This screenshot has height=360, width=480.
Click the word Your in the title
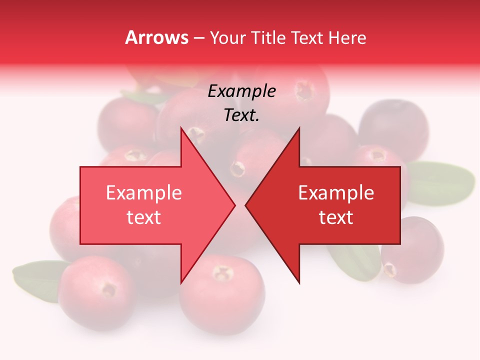pyautogui.click(x=227, y=37)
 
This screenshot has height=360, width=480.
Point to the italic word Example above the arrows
pyautogui.click(x=242, y=91)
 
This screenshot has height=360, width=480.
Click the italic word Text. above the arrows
pyautogui.click(x=242, y=115)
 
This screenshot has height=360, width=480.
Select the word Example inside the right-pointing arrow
pyautogui.click(x=144, y=193)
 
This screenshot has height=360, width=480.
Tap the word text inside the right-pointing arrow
pyautogui.click(x=144, y=217)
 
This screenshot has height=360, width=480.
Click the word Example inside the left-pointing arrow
pyautogui.click(x=336, y=193)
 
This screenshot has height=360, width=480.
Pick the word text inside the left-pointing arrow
pyautogui.click(x=336, y=217)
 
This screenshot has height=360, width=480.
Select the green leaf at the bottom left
pyautogui.click(x=35, y=280)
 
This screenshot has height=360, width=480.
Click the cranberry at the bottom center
pyautogui.click(x=222, y=295)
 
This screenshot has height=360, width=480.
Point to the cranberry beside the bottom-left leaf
pyautogui.click(x=95, y=292)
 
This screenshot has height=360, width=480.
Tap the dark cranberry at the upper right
pyautogui.click(x=392, y=127)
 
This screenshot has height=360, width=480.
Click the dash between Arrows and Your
pyautogui.click(x=198, y=38)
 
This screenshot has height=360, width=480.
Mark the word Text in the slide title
pyautogui.click(x=306, y=37)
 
